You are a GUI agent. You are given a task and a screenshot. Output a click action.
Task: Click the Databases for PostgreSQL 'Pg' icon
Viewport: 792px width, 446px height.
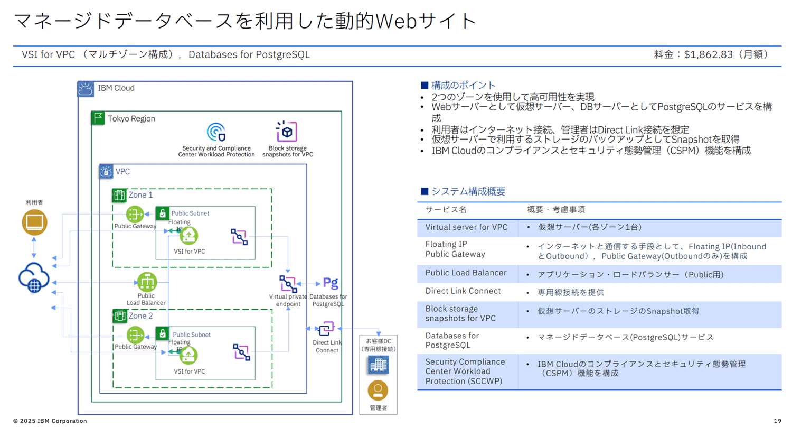click(331, 283)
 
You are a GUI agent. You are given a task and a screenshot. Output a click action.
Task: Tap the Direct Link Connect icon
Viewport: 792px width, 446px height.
click(326, 329)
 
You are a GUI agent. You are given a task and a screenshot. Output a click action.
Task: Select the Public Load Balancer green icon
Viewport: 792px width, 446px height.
click(147, 282)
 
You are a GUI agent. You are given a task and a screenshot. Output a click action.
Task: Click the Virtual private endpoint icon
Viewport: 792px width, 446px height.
click(288, 284)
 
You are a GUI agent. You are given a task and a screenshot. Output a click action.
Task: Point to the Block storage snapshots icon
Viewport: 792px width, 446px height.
click(287, 132)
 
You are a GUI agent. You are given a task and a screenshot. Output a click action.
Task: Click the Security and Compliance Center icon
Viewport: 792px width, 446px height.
click(216, 132)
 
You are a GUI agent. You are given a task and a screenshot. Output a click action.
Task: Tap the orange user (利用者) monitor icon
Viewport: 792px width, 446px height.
click(34, 222)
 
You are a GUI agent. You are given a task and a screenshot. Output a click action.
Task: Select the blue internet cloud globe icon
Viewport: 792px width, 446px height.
click(34, 278)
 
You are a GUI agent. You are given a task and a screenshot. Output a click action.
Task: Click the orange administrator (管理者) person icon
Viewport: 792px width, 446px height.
click(378, 391)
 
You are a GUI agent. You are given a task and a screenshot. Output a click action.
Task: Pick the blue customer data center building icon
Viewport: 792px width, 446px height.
click(378, 365)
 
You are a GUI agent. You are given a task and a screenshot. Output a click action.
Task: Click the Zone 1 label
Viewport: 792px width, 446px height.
click(140, 195)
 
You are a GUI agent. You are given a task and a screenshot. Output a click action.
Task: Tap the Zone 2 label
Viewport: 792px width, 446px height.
click(140, 316)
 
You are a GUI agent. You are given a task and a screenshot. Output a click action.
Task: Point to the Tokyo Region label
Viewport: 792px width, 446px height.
click(131, 119)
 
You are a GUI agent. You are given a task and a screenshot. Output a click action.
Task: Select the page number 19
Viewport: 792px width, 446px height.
click(777, 421)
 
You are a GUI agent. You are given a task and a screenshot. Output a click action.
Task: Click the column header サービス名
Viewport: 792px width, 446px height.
click(446, 210)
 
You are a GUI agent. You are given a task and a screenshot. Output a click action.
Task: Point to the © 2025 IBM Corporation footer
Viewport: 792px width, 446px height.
click(50, 421)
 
